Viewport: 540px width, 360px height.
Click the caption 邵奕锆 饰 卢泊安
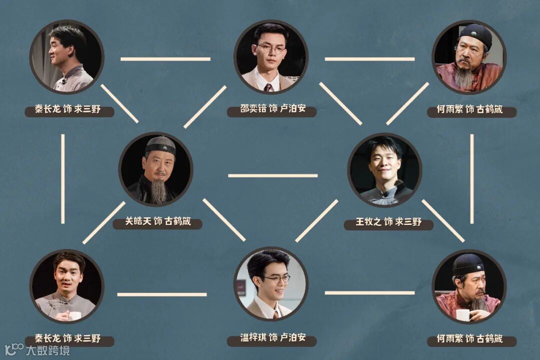tap(271, 109)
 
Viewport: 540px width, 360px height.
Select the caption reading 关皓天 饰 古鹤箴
tap(157, 221)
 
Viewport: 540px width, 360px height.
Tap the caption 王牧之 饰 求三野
tap(388, 222)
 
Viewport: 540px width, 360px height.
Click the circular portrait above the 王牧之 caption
tap(384, 169)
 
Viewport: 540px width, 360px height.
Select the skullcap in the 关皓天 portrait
tap(160, 145)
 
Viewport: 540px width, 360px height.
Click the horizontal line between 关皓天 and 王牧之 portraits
tap(272, 175)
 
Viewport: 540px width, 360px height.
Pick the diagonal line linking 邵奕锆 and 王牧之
tap(340, 103)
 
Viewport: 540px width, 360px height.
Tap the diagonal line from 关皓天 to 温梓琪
tap(224, 220)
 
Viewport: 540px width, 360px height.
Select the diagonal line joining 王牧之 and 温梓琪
tap(316, 220)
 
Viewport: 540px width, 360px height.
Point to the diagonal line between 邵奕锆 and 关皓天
tap(204, 106)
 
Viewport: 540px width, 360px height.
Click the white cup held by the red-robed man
tap(463, 314)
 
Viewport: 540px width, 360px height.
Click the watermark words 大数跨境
tap(48, 349)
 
